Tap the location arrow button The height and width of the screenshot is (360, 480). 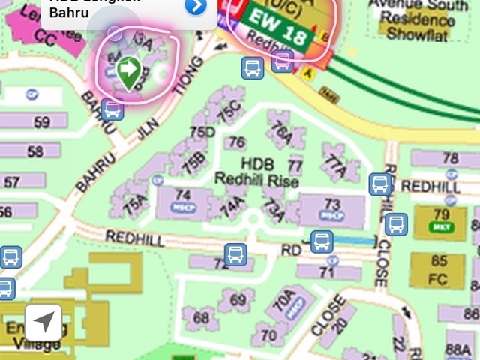[43, 323]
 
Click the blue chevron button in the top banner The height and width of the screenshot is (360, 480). [195, 6]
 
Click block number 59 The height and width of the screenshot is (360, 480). [41, 122]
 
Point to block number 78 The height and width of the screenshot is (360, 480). [450, 158]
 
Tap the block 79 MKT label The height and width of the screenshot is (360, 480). [442, 220]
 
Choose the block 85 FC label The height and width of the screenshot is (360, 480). [439, 268]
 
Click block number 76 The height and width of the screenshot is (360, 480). [237, 142]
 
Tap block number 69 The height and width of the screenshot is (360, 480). [237, 300]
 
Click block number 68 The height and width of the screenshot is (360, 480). [201, 317]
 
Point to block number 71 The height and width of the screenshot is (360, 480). [325, 272]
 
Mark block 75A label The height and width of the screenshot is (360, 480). [135, 202]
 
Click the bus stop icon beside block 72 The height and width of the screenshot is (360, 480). [235, 253]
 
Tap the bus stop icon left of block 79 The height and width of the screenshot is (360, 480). [396, 224]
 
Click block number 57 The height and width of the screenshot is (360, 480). [12, 182]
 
